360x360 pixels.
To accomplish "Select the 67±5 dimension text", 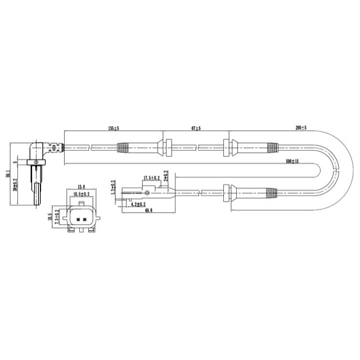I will coord(196,129).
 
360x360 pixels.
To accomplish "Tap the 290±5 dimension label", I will coord(300,129).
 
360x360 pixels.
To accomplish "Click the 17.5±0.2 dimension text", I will coord(151,178).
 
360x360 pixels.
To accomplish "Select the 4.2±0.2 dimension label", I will coord(138,204).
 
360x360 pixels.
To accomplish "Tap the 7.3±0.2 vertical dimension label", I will coord(57,219).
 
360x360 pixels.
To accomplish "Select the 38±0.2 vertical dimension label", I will coord(15,184).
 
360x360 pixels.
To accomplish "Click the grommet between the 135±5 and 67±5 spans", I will coord(166,147).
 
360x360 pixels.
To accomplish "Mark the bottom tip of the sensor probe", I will coord(38,208).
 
